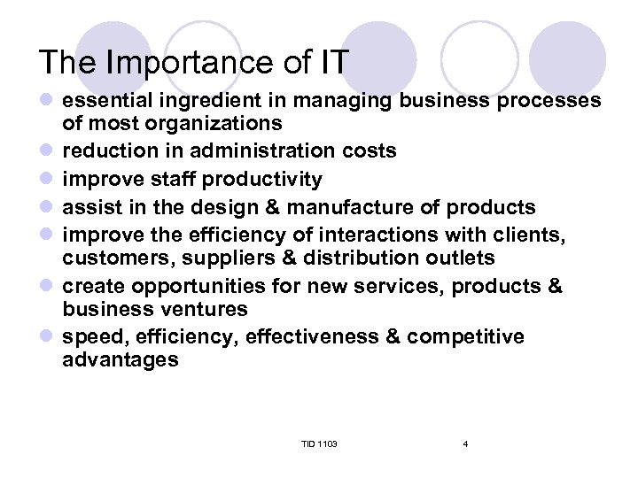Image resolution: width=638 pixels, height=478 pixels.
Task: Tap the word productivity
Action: [x=262, y=180]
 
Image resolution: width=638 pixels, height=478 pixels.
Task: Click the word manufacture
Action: [x=359, y=208]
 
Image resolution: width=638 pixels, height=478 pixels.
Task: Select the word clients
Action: [x=534, y=236]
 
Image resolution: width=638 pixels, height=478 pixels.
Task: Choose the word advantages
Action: [x=121, y=358]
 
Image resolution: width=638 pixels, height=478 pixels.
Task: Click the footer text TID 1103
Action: [x=319, y=443]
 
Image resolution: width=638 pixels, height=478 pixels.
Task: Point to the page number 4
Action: [x=465, y=443]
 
